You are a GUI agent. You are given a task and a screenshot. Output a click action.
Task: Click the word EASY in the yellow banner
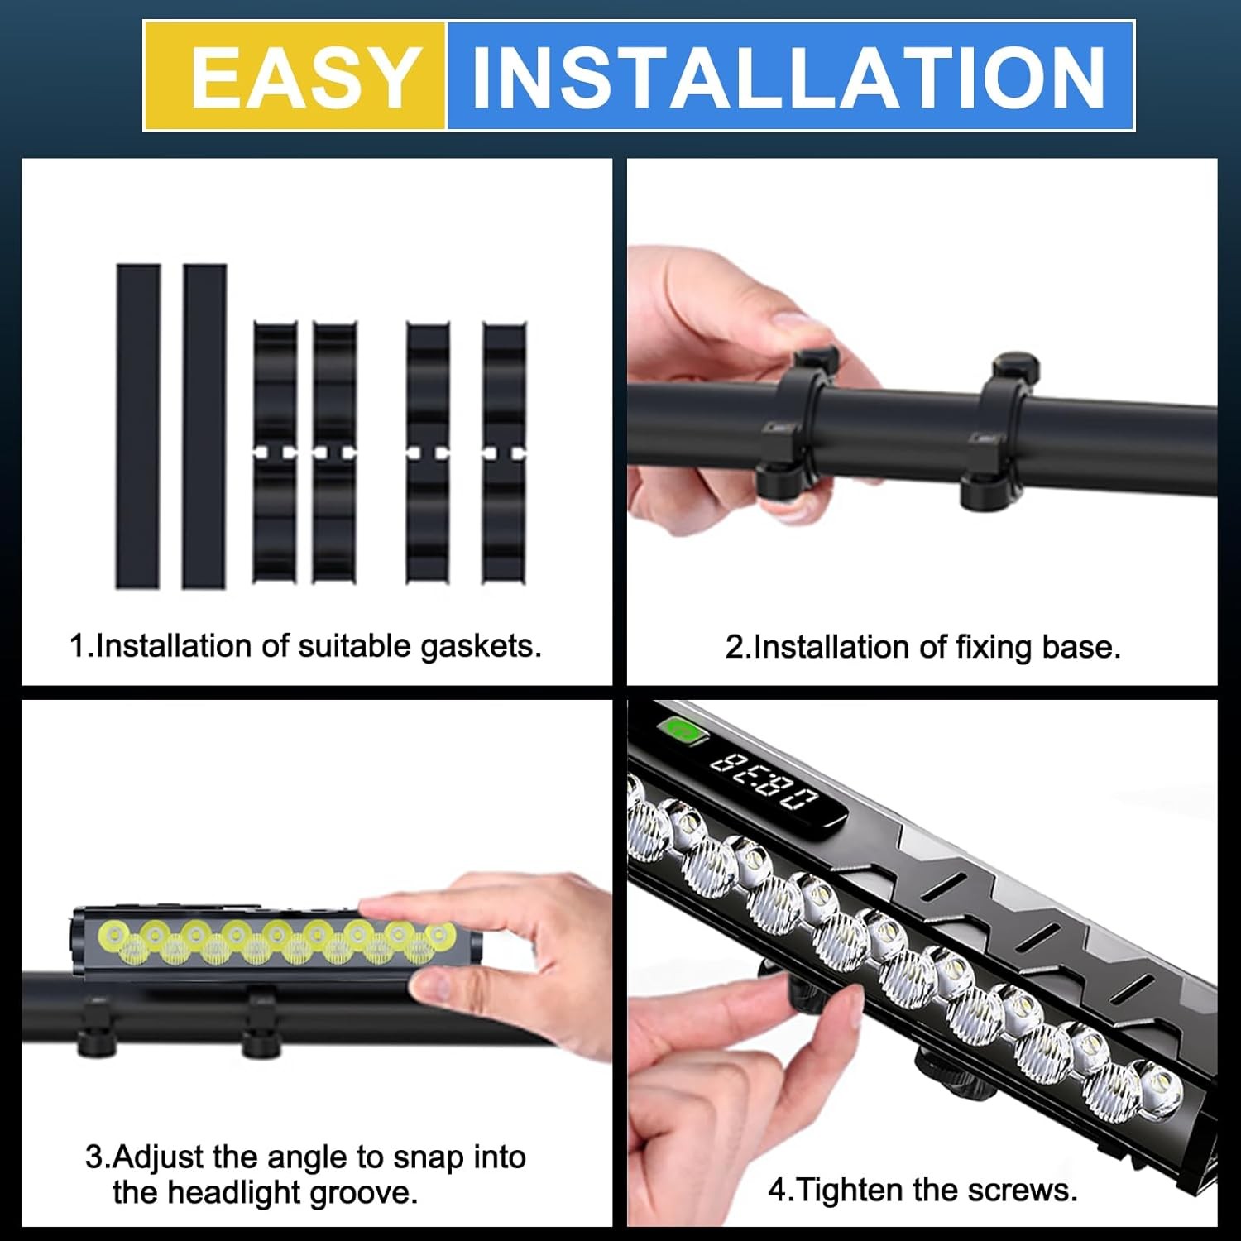tap(304, 77)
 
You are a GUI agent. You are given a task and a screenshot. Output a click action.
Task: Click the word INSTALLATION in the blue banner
tap(788, 77)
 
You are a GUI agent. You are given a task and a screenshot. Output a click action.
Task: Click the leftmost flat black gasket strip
tap(138, 426)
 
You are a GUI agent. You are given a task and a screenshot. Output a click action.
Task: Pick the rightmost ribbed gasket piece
tap(504, 453)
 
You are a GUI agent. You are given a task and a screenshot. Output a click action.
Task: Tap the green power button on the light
tap(681, 730)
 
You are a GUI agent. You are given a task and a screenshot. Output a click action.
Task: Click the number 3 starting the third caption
tap(93, 1157)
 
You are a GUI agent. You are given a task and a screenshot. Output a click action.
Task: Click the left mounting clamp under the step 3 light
tap(97, 1027)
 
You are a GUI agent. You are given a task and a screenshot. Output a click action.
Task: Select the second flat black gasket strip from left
tap(204, 426)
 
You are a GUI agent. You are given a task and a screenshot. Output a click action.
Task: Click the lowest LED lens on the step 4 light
tap(1158, 1085)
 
